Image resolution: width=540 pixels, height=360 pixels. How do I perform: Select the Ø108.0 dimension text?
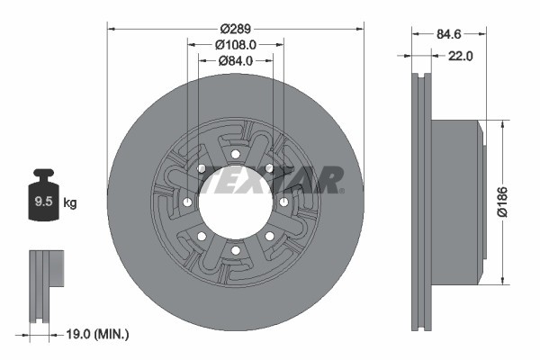(x=236, y=42)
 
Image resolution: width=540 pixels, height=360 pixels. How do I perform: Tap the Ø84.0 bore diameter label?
(x=236, y=60)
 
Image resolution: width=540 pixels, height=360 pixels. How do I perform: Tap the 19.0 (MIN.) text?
(x=100, y=334)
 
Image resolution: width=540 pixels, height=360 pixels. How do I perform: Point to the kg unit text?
(x=70, y=203)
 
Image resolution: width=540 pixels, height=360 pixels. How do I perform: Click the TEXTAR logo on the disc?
(x=270, y=179)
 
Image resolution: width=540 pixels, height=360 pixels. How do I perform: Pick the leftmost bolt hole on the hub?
(x=185, y=202)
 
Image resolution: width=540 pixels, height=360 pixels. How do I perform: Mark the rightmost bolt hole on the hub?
(x=283, y=202)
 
